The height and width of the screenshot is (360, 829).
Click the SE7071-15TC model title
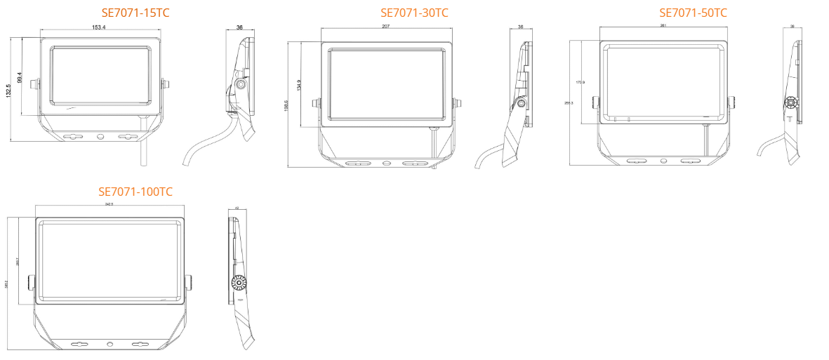[x=135, y=13]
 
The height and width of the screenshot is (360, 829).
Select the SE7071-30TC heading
[x=414, y=13]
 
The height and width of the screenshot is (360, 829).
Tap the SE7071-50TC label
[x=693, y=13]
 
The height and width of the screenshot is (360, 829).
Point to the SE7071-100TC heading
[x=135, y=192]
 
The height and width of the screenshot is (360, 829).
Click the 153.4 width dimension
[x=99, y=27]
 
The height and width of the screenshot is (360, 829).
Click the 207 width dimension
[x=386, y=26]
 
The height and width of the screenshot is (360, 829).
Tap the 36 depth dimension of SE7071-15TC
[x=239, y=27]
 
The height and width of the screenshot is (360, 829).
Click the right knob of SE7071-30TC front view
[x=457, y=103]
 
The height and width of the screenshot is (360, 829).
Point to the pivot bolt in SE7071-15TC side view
[x=241, y=84]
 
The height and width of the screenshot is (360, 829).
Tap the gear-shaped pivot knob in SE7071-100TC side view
[x=239, y=284]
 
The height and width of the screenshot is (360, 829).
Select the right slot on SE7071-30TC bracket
[x=414, y=164]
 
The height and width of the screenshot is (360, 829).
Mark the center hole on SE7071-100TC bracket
[x=110, y=345]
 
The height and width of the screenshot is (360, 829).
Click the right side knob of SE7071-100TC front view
[x=188, y=283]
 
